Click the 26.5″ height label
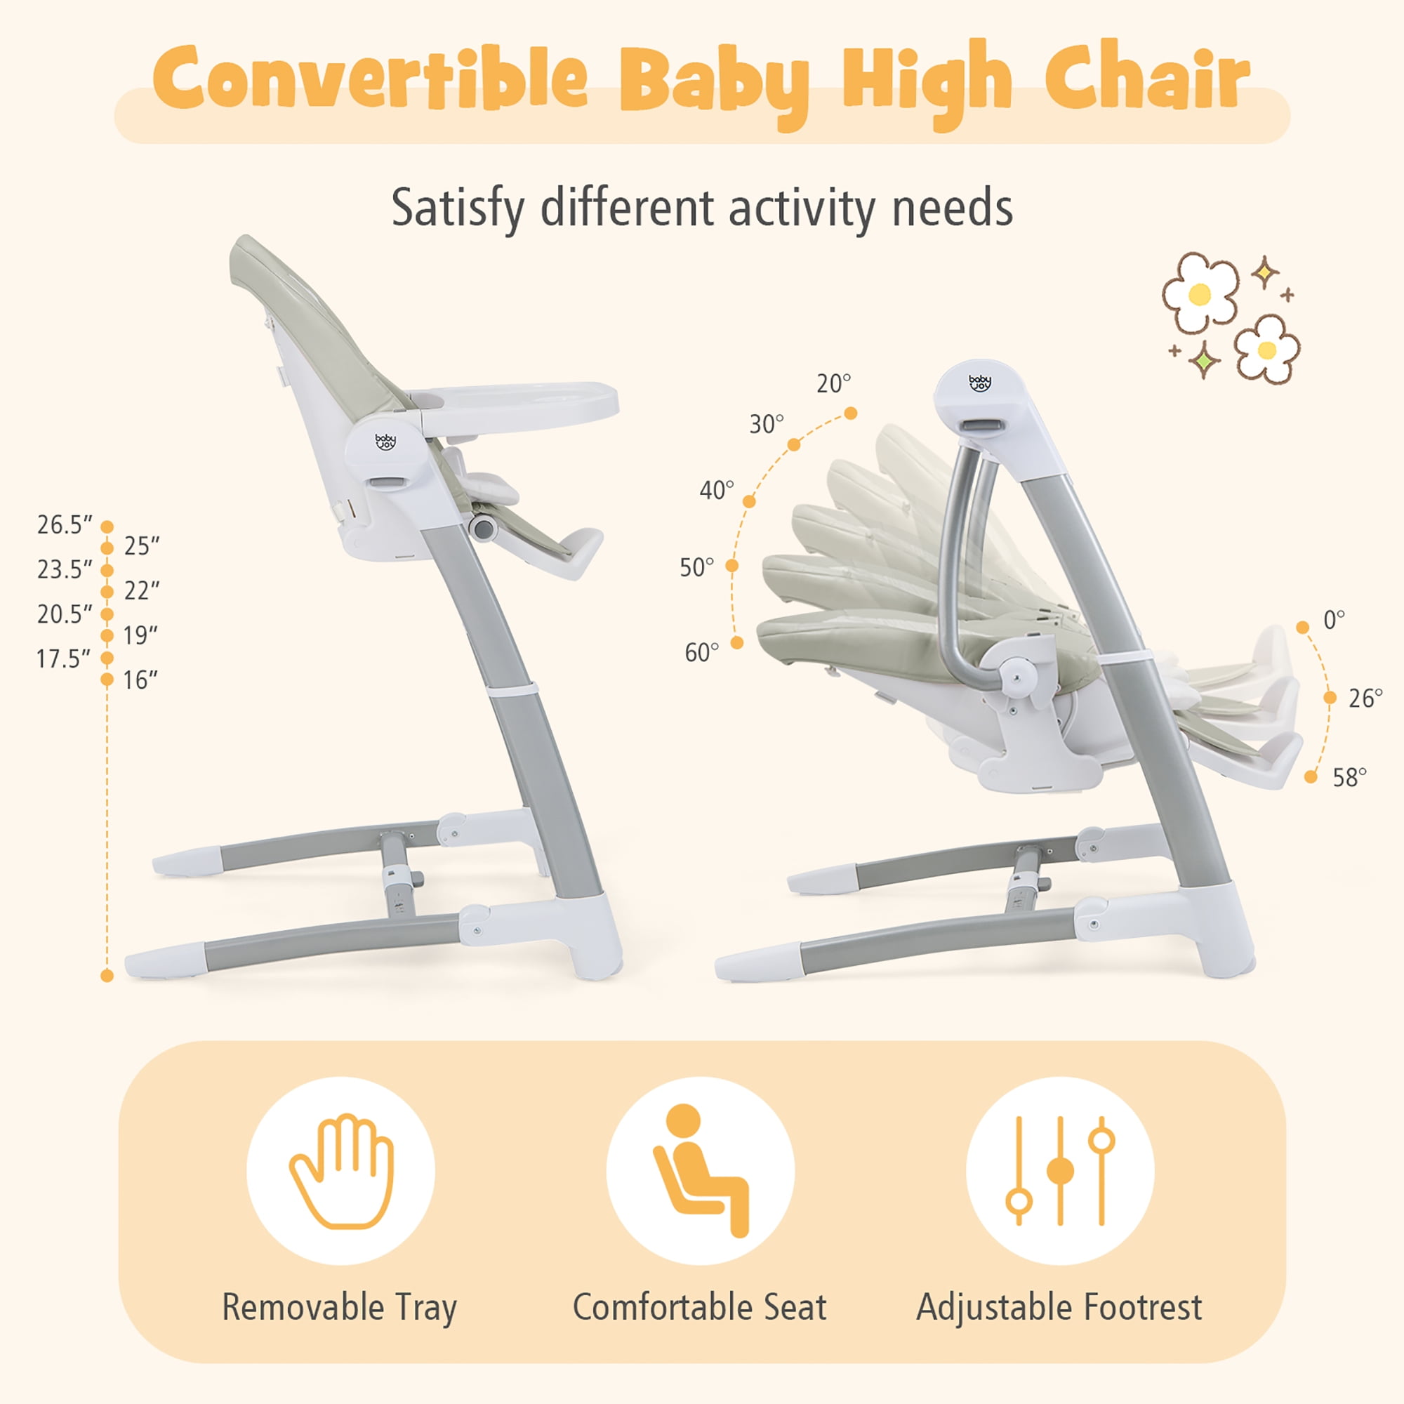point(65,524)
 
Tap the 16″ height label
point(140,680)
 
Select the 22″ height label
point(142,591)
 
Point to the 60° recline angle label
point(702,653)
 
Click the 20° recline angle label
point(833,384)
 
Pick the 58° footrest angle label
point(1349,778)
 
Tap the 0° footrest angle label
point(1335,620)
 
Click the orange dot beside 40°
point(749,501)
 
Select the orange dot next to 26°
point(1330,698)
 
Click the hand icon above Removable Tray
point(342,1171)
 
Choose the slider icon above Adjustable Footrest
point(1060,1171)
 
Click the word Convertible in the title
point(370,79)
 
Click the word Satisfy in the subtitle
point(457,209)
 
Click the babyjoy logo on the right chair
point(979,383)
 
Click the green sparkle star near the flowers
point(1204,359)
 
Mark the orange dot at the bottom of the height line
point(107,975)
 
